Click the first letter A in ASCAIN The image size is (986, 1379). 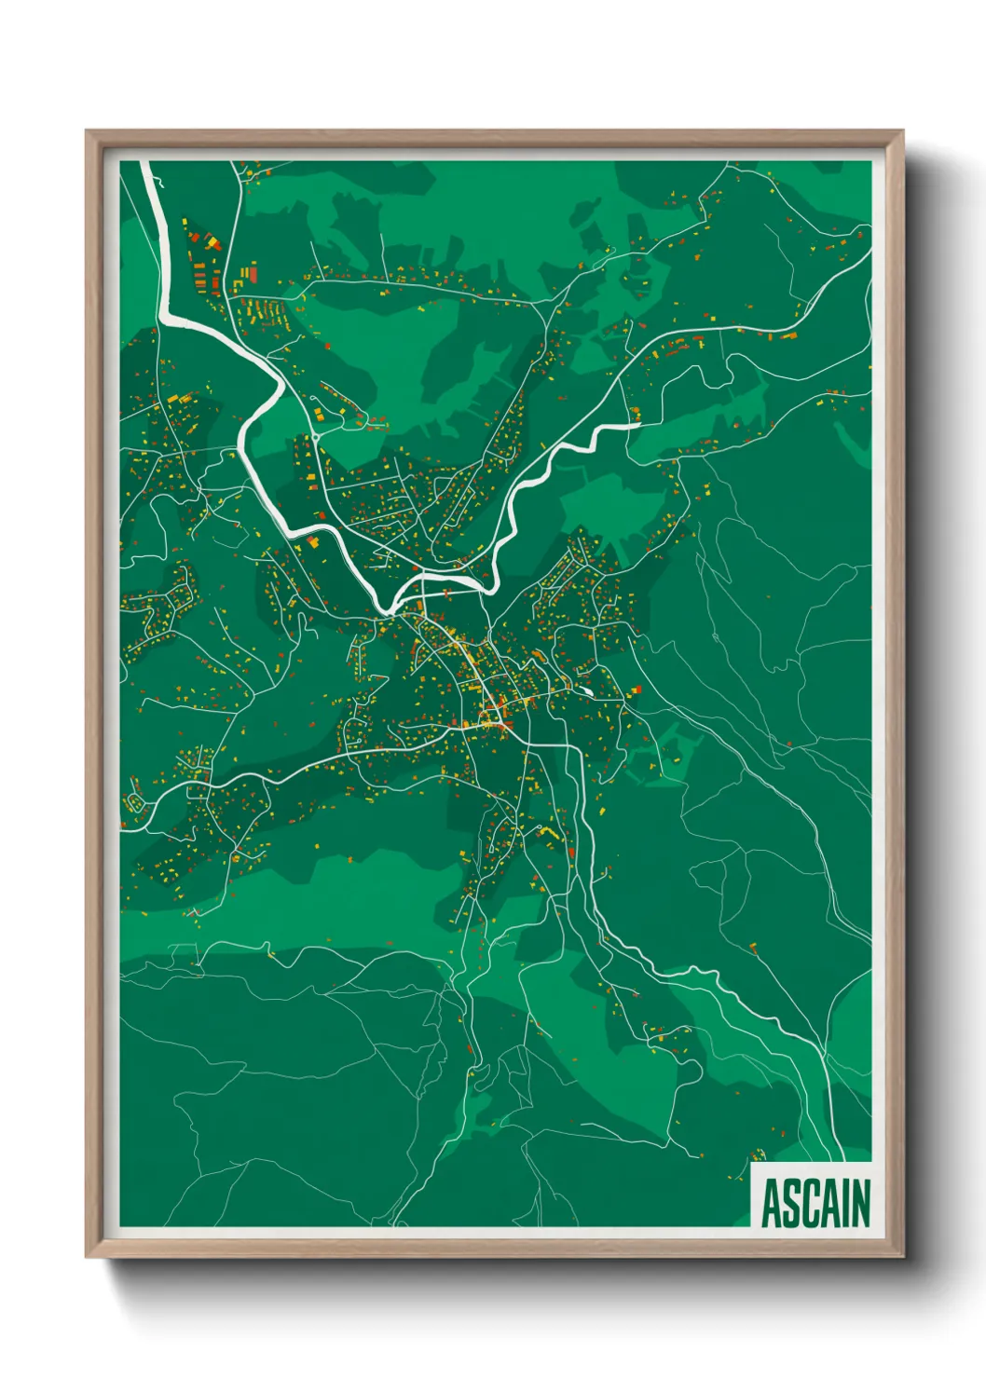[x=772, y=1204]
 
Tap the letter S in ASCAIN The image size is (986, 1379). [x=793, y=1204]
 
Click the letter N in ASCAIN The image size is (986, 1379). [x=862, y=1204]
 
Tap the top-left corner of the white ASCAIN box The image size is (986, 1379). [x=751, y=1163]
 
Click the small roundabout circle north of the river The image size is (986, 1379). [x=316, y=434]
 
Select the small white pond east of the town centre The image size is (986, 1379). [x=587, y=691]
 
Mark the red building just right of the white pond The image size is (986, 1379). [x=638, y=689]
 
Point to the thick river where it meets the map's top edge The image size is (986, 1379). [x=145, y=163]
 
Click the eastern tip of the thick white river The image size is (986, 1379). [x=638, y=425]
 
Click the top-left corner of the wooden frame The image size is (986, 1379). [x=87, y=131]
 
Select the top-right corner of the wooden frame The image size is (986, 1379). [x=902, y=131]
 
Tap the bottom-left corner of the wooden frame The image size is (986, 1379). [x=87, y=1257]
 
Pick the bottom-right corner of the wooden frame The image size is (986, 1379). [x=902, y=1257]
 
